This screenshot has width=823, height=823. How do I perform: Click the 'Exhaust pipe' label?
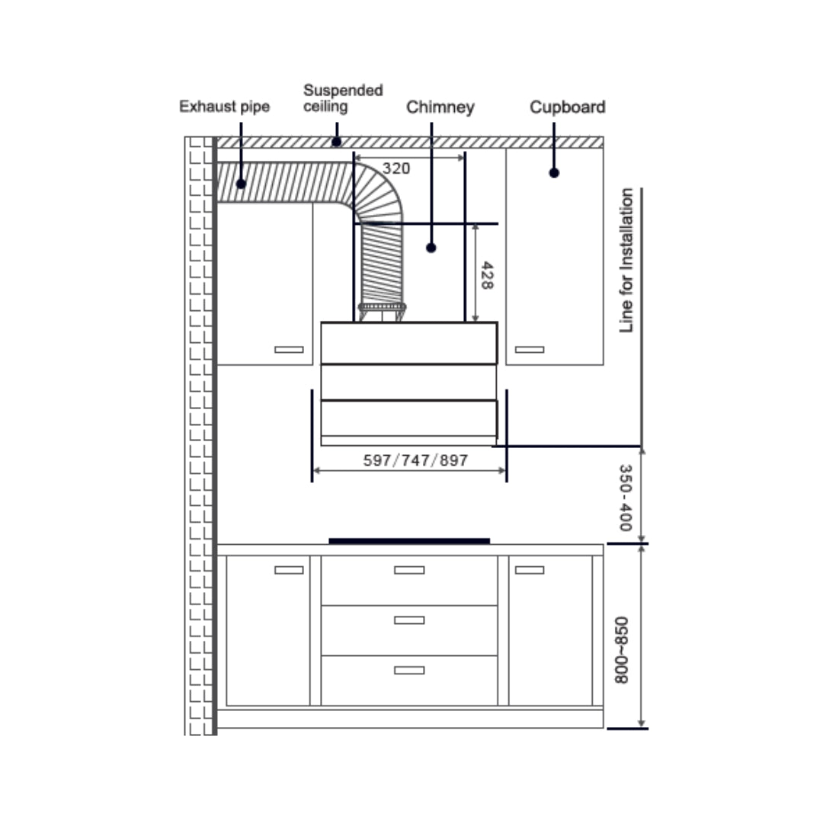coord(224,107)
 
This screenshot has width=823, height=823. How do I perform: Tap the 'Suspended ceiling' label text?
coord(343,98)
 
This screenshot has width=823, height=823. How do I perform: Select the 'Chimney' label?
coord(440,107)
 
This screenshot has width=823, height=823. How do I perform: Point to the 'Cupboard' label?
coord(567,107)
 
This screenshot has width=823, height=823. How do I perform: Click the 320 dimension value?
coord(396,168)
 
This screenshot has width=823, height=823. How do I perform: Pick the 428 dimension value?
coord(485,274)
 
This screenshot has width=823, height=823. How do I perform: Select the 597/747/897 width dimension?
coord(415,460)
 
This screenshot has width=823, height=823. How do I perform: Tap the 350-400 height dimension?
coord(625,498)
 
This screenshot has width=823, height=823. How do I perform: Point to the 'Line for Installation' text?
coord(626,260)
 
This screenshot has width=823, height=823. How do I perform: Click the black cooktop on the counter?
coord(409,541)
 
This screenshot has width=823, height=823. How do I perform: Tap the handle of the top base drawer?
coord(409,570)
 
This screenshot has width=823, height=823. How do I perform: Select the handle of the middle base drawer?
coord(409,620)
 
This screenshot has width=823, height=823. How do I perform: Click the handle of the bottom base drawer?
coord(409,670)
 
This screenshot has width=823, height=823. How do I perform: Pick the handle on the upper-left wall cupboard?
coord(289,350)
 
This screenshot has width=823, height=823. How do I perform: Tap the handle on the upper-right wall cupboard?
coord(530,350)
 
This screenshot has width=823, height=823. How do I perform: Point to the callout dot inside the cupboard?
coord(554,173)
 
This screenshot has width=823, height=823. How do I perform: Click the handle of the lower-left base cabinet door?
coord(289,570)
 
